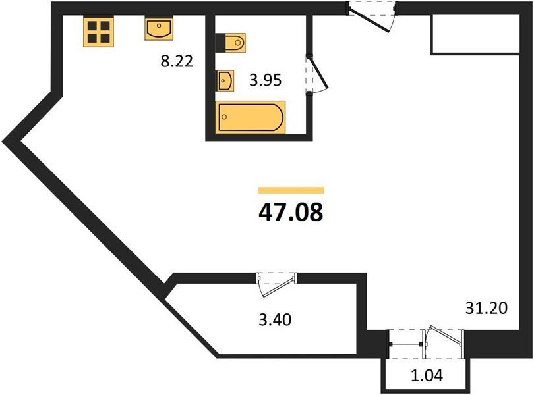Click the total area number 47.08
click(291, 212)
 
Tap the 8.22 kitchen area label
click(177, 62)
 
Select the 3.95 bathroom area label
click(265, 80)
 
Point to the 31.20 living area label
click(487, 308)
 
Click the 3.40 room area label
click(275, 320)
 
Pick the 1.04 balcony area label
click(427, 375)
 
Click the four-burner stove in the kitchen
click(98, 32)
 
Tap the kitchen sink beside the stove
click(159, 29)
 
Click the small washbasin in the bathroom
click(225, 80)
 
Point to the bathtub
click(251, 117)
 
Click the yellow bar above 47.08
click(291, 190)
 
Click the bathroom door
click(316, 75)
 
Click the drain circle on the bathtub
click(224, 117)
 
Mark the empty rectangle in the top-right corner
click(475, 34)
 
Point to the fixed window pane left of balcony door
click(405, 344)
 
